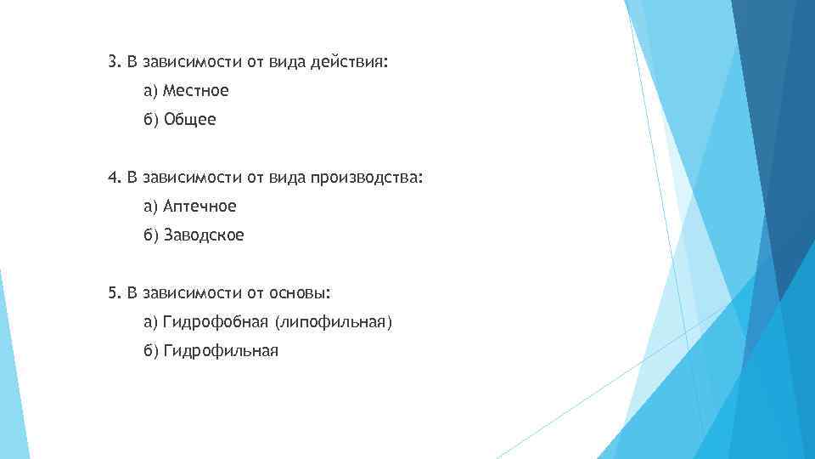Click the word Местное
coord(196,90)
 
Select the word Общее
coord(190,120)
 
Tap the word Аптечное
coord(200,207)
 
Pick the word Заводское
coord(204,235)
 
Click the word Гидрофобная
coord(216,322)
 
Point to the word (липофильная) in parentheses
coord(334,322)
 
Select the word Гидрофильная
coord(221,351)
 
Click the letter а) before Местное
coord(150,90)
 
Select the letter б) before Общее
coord(151,120)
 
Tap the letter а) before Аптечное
coord(150,207)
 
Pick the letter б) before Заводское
coord(151,235)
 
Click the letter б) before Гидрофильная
coord(151,351)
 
